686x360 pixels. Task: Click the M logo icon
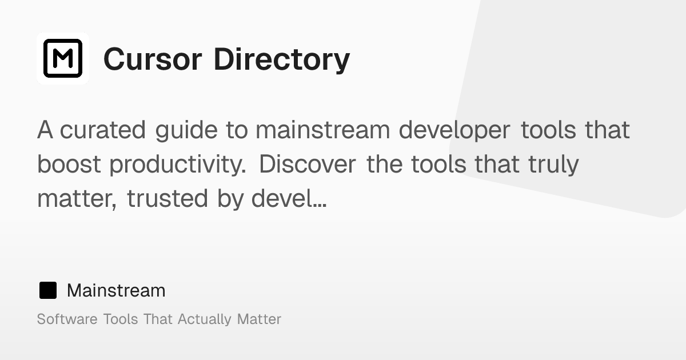coord(63,58)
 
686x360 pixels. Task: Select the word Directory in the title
coord(282,59)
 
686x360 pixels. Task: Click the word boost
coord(70,165)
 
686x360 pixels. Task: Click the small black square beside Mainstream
coord(48,290)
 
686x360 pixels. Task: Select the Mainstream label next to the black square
coord(116,290)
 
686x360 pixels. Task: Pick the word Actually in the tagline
coord(205,319)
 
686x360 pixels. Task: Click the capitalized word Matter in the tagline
coord(259,319)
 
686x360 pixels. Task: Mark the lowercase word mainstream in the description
coord(323,130)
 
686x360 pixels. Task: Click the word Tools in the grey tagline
coord(121,319)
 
